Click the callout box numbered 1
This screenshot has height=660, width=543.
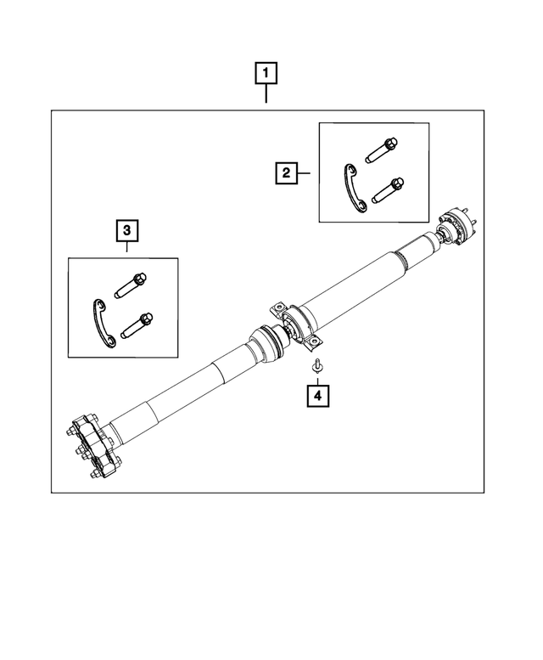pos(266,73)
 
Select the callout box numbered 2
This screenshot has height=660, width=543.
pos(286,173)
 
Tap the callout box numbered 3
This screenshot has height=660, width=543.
pos(126,229)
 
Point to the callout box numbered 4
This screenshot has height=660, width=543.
pos(317,395)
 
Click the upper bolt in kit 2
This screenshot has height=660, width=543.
pos(382,151)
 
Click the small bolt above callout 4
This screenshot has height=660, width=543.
pos(316,366)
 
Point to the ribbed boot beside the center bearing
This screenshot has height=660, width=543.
pos(262,344)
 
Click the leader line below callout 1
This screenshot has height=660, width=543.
pos(266,94)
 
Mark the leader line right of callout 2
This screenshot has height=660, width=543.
pos(307,173)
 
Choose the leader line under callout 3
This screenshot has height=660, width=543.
pos(126,249)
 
